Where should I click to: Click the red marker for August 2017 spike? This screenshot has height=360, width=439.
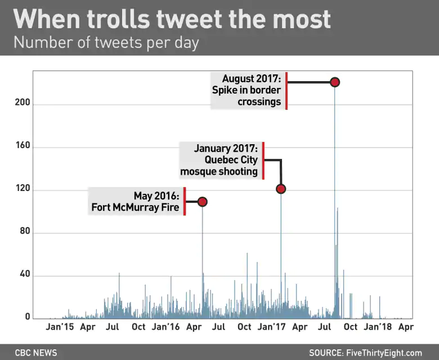[x=335, y=82]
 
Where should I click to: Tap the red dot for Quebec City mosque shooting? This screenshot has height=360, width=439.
[x=281, y=189]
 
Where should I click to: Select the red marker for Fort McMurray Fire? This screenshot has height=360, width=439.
[x=203, y=202]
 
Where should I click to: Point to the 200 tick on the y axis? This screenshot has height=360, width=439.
[x=23, y=103]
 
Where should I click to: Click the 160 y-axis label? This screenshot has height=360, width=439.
[x=23, y=145]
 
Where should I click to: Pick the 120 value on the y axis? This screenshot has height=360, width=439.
[x=23, y=188]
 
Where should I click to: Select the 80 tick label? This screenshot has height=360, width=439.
[x=25, y=231]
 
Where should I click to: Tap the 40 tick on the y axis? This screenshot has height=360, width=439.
[x=25, y=274]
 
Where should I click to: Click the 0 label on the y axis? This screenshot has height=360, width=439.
[x=28, y=317]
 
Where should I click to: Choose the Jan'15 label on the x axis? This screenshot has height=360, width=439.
[x=60, y=327]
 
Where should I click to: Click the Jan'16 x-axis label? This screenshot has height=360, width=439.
[x=165, y=327]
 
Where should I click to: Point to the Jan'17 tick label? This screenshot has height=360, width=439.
[x=272, y=327]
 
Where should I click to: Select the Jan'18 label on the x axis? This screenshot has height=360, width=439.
[x=378, y=327]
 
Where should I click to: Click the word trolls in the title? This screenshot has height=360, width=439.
[x=118, y=19]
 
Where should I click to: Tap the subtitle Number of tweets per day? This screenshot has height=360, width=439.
[x=106, y=43]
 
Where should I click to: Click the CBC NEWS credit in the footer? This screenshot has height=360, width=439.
[x=36, y=353]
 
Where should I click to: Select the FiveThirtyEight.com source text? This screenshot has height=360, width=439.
[x=384, y=353]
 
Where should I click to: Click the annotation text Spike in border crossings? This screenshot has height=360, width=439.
[x=247, y=96]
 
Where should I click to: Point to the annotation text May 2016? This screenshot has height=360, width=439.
[x=156, y=196]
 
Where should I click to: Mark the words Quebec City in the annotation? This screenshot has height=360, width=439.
[x=231, y=159]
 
